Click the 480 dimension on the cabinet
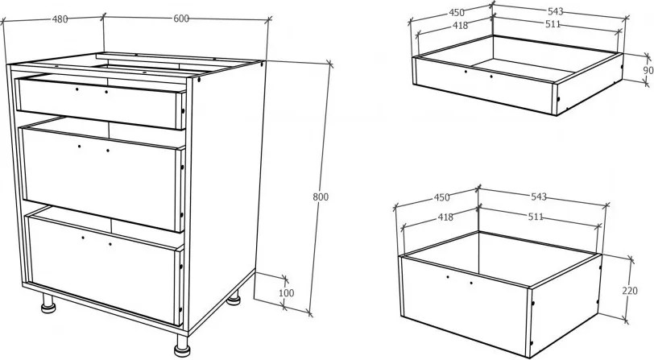60,19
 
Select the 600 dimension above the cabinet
181,19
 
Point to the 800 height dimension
321,197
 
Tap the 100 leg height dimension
286,293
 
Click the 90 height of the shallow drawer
648,71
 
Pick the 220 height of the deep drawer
629,291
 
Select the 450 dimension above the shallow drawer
457,13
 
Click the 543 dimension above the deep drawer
539,196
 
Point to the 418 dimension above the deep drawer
445,217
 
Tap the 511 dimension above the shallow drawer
553,24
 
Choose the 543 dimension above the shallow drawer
555,11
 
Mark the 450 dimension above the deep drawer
441,197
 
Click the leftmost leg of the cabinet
48,304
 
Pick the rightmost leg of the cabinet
234,297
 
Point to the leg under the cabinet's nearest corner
182,346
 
